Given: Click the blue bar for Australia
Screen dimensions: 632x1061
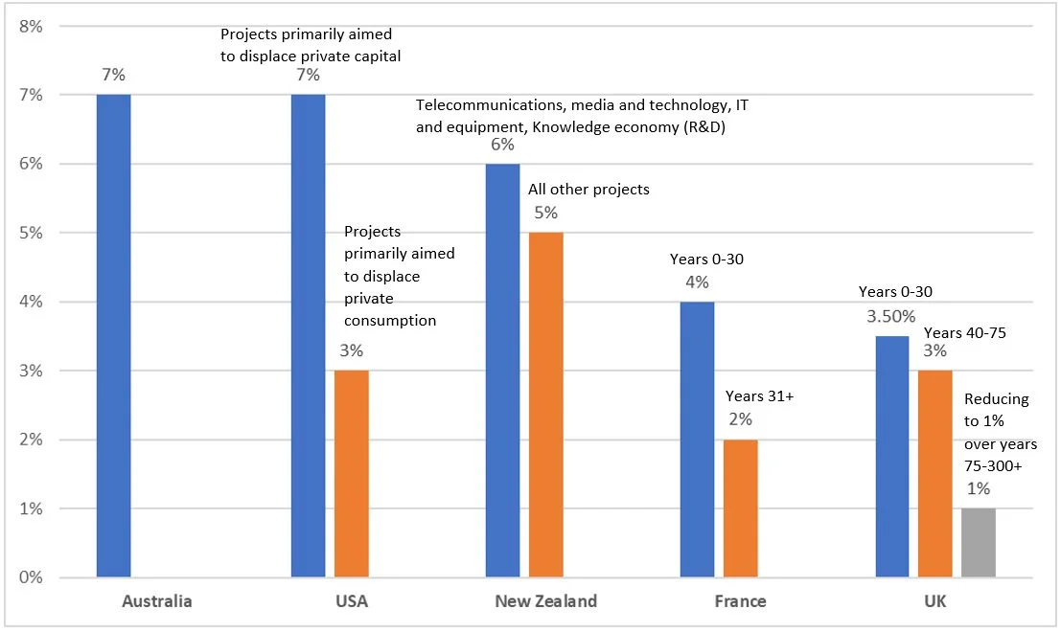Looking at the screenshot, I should pyautogui.click(x=113, y=335).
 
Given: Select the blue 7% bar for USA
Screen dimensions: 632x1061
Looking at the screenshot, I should pyautogui.click(x=308, y=335).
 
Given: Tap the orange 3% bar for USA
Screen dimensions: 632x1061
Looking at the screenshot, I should pyautogui.click(x=351, y=473).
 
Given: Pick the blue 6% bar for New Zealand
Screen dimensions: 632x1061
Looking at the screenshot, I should pyautogui.click(x=502, y=370).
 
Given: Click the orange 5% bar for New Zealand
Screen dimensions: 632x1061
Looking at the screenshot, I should pyautogui.click(x=545, y=404).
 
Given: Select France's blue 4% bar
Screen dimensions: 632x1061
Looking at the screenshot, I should pyautogui.click(x=697, y=439).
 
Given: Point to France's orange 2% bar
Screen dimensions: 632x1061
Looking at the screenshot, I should pyautogui.click(x=740, y=508).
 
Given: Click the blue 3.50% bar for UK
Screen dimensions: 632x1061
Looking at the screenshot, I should pyautogui.click(x=891, y=456).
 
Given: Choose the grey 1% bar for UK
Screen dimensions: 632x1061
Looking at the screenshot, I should pyautogui.click(x=979, y=542).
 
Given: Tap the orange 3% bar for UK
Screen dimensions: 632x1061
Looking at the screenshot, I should pyautogui.click(x=935, y=473).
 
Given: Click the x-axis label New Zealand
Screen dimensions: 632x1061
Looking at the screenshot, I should pyautogui.click(x=545, y=601).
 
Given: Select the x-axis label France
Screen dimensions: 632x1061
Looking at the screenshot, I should pyautogui.click(x=740, y=601).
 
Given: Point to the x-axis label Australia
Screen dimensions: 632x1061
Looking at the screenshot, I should pyautogui.click(x=157, y=601).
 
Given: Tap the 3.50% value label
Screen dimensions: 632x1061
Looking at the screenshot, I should pyautogui.click(x=892, y=315).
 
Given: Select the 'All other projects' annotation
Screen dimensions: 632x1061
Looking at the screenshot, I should pyautogui.click(x=588, y=189).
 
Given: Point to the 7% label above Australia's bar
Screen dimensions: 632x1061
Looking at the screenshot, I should pyautogui.click(x=113, y=75).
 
